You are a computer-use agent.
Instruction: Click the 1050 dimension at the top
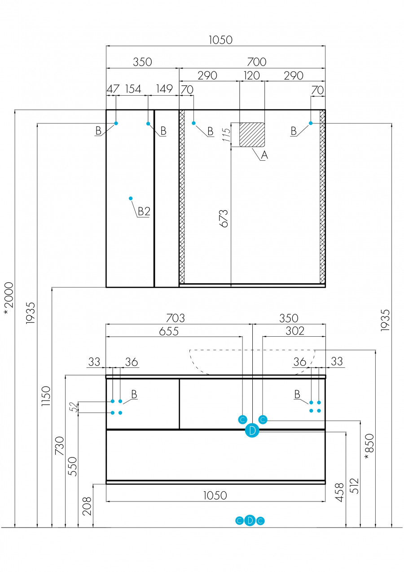(x=221, y=40)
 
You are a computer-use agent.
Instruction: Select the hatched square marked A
(x=252, y=135)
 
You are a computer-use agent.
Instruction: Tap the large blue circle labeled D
(x=252, y=431)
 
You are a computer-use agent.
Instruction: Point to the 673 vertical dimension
(x=224, y=218)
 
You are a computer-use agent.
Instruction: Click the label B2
(x=144, y=211)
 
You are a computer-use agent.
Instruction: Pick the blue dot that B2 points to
(x=131, y=198)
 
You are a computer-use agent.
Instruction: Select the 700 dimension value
(x=256, y=62)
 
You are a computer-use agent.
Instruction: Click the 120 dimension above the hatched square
(x=251, y=75)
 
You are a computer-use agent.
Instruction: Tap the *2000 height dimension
(x=9, y=298)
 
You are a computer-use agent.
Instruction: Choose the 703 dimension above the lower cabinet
(x=175, y=318)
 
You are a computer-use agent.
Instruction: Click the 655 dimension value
(x=169, y=331)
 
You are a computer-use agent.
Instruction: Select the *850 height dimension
(x=369, y=447)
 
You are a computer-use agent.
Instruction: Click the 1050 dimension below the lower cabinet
(x=215, y=495)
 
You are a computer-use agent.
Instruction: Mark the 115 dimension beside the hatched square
(x=227, y=133)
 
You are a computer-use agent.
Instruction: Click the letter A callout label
(x=264, y=156)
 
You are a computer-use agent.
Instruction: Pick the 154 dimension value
(x=133, y=88)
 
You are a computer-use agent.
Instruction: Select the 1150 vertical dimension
(x=46, y=396)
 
